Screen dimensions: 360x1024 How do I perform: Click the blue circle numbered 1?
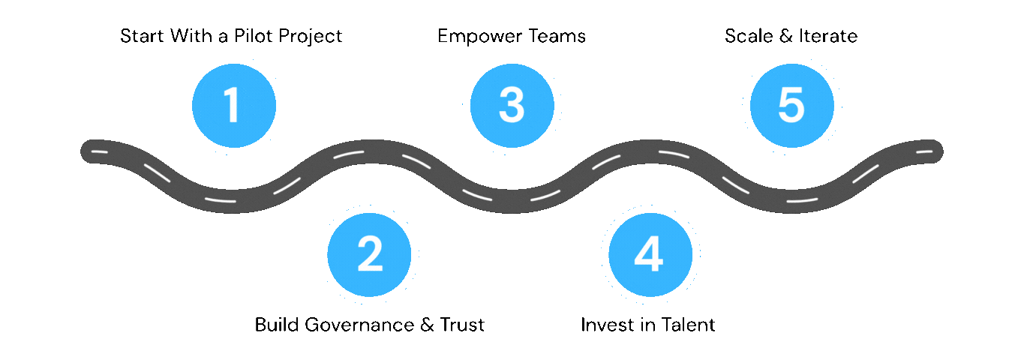click(x=233, y=106)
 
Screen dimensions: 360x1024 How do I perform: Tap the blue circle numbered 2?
click(x=369, y=254)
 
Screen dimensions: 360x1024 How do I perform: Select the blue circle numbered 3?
click(x=512, y=106)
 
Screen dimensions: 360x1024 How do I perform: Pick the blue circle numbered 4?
click(x=650, y=254)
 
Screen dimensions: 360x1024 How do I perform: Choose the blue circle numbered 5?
click(x=791, y=106)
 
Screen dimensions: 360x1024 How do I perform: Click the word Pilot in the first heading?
click(x=254, y=36)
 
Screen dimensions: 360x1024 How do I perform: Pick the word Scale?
click(x=747, y=36)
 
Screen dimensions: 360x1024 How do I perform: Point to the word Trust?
click(x=461, y=325)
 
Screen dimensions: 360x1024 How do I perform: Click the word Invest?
click(x=605, y=325)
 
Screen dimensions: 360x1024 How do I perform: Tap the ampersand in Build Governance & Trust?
click(x=426, y=325)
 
